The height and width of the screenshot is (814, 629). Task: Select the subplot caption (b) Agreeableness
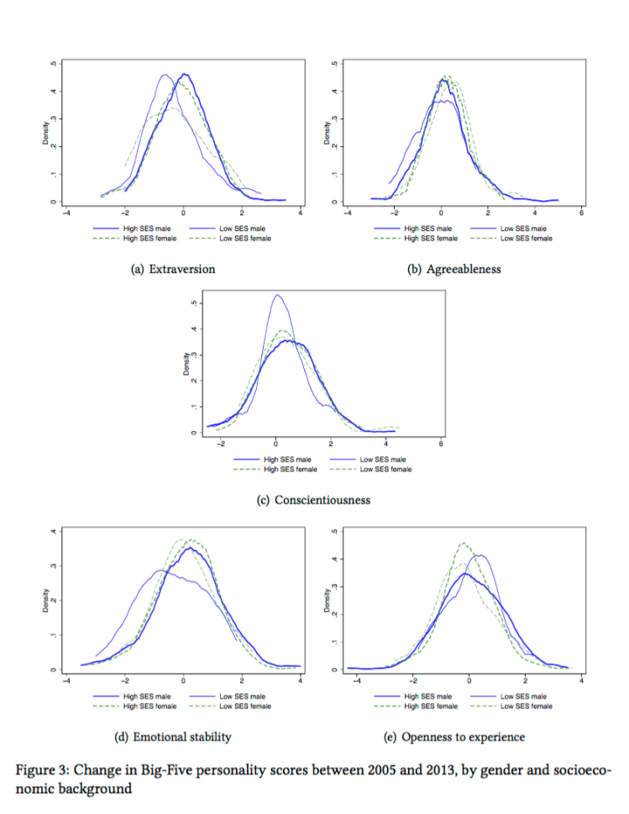coord(454,269)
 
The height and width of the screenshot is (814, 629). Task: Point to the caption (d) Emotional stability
coord(173,737)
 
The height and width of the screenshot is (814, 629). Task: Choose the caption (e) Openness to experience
coord(454,737)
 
